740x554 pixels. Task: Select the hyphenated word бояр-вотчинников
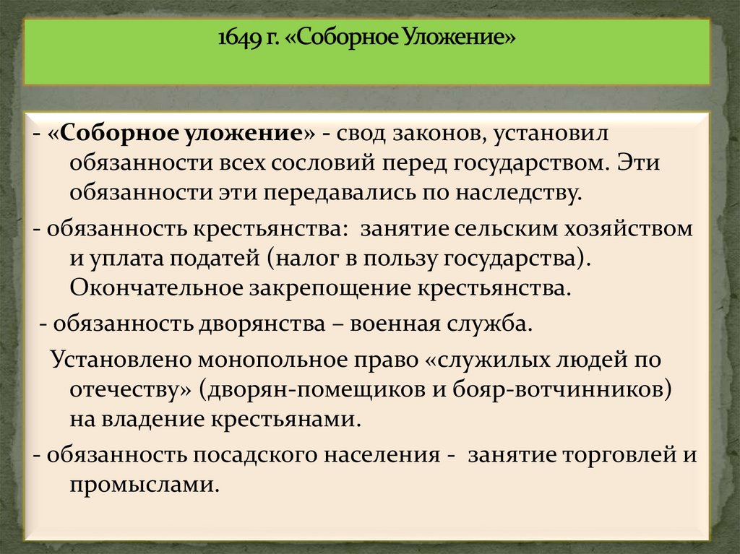click(x=550, y=389)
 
